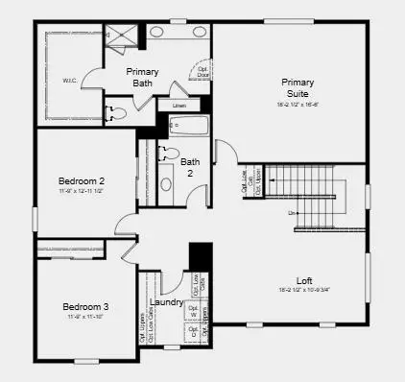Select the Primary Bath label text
tap(144, 78)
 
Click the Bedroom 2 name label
tap(81, 180)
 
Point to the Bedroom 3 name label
tap(87, 306)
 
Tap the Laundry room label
tap(166, 302)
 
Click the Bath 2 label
tap(191, 167)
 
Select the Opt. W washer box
tap(195, 313)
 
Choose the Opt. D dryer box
tap(195, 334)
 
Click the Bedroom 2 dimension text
tap(81, 191)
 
